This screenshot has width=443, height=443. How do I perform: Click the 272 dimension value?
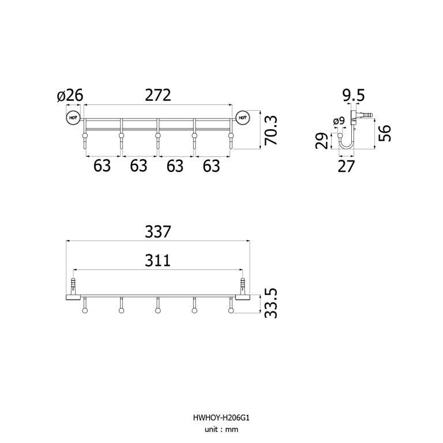pos(158,95)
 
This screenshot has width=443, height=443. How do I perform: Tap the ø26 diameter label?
pos(70,95)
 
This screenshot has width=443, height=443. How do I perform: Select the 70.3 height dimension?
pos(271,130)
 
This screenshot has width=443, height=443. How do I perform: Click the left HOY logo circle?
pos(73,118)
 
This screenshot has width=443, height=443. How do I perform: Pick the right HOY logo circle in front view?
pos(243,118)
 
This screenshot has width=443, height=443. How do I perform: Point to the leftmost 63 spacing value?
pos(102,166)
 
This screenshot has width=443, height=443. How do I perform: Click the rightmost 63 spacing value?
pos(211,166)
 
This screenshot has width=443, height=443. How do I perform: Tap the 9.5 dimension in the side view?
pos(354,96)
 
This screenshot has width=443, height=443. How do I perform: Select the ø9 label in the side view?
pos(339,121)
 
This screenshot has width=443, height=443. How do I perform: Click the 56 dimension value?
pos(385,133)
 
